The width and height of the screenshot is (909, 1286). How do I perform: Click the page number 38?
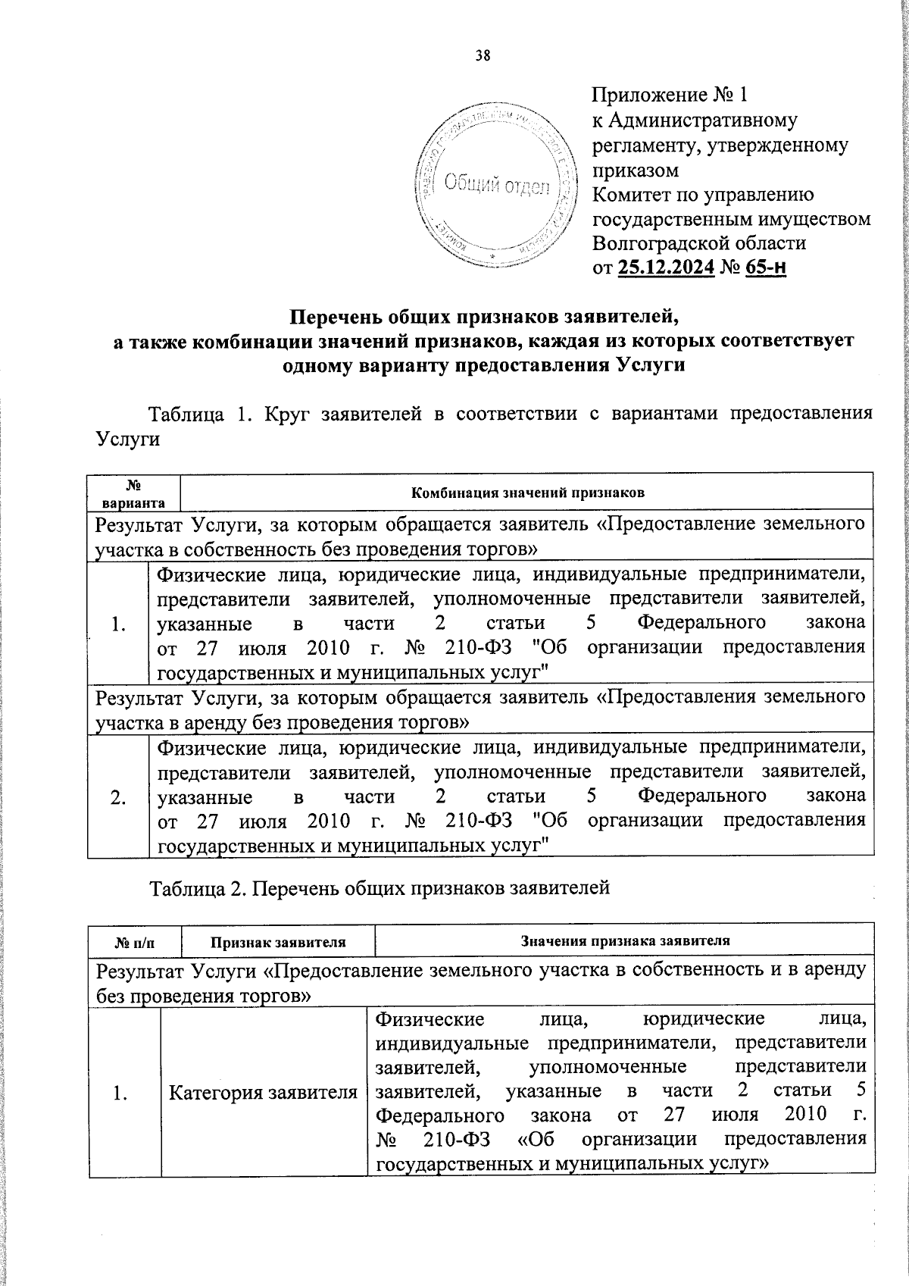pyautogui.click(x=483, y=55)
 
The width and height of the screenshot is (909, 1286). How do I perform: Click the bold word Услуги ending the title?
pyautogui.click(x=651, y=365)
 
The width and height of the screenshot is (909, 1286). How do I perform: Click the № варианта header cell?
pyautogui.click(x=134, y=492)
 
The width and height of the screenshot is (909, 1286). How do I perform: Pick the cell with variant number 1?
pyautogui.click(x=117, y=624)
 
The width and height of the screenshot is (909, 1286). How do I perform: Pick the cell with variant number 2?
pyautogui.click(x=117, y=797)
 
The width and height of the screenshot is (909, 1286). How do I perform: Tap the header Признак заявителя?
pyautogui.click(x=278, y=942)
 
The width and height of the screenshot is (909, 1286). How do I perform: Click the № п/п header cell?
pyautogui.click(x=134, y=942)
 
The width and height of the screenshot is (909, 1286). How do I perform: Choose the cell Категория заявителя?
pyautogui.click(x=263, y=1092)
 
